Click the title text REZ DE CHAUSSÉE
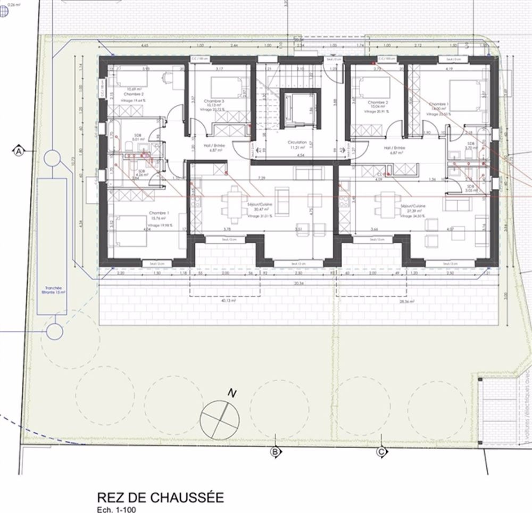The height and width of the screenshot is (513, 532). [160, 497]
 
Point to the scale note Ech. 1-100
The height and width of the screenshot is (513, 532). [117, 509]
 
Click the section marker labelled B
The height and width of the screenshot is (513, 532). [276, 452]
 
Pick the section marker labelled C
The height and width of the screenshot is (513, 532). [381, 452]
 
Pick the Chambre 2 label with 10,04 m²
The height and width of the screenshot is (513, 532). [376, 105]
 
